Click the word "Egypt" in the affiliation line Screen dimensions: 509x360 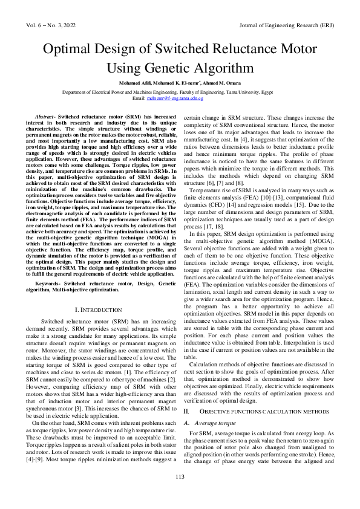click(x=290, y=90)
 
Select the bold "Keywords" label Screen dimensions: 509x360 click(x=49, y=283)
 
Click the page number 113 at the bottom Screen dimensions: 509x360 click(x=180, y=494)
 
